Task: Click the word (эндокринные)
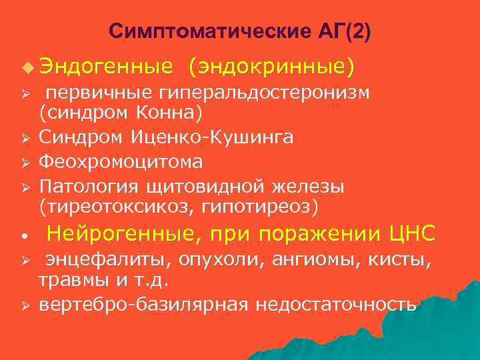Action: [x=272, y=67]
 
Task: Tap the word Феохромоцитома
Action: [x=121, y=162]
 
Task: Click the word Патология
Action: [x=87, y=185]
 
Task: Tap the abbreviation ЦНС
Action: [x=413, y=234]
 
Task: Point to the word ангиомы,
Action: [x=307, y=259]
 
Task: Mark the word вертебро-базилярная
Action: [x=145, y=304]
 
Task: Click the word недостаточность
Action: [x=336, y=304]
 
